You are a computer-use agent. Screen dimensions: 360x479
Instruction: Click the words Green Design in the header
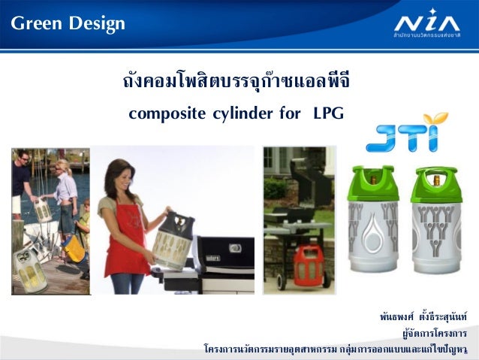click(68, 25)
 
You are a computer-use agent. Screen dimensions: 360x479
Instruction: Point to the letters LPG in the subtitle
click(328, 114)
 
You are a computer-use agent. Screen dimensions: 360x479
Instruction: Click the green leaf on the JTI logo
click(432, 119)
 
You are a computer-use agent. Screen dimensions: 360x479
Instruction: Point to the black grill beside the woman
click(218, 259)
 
